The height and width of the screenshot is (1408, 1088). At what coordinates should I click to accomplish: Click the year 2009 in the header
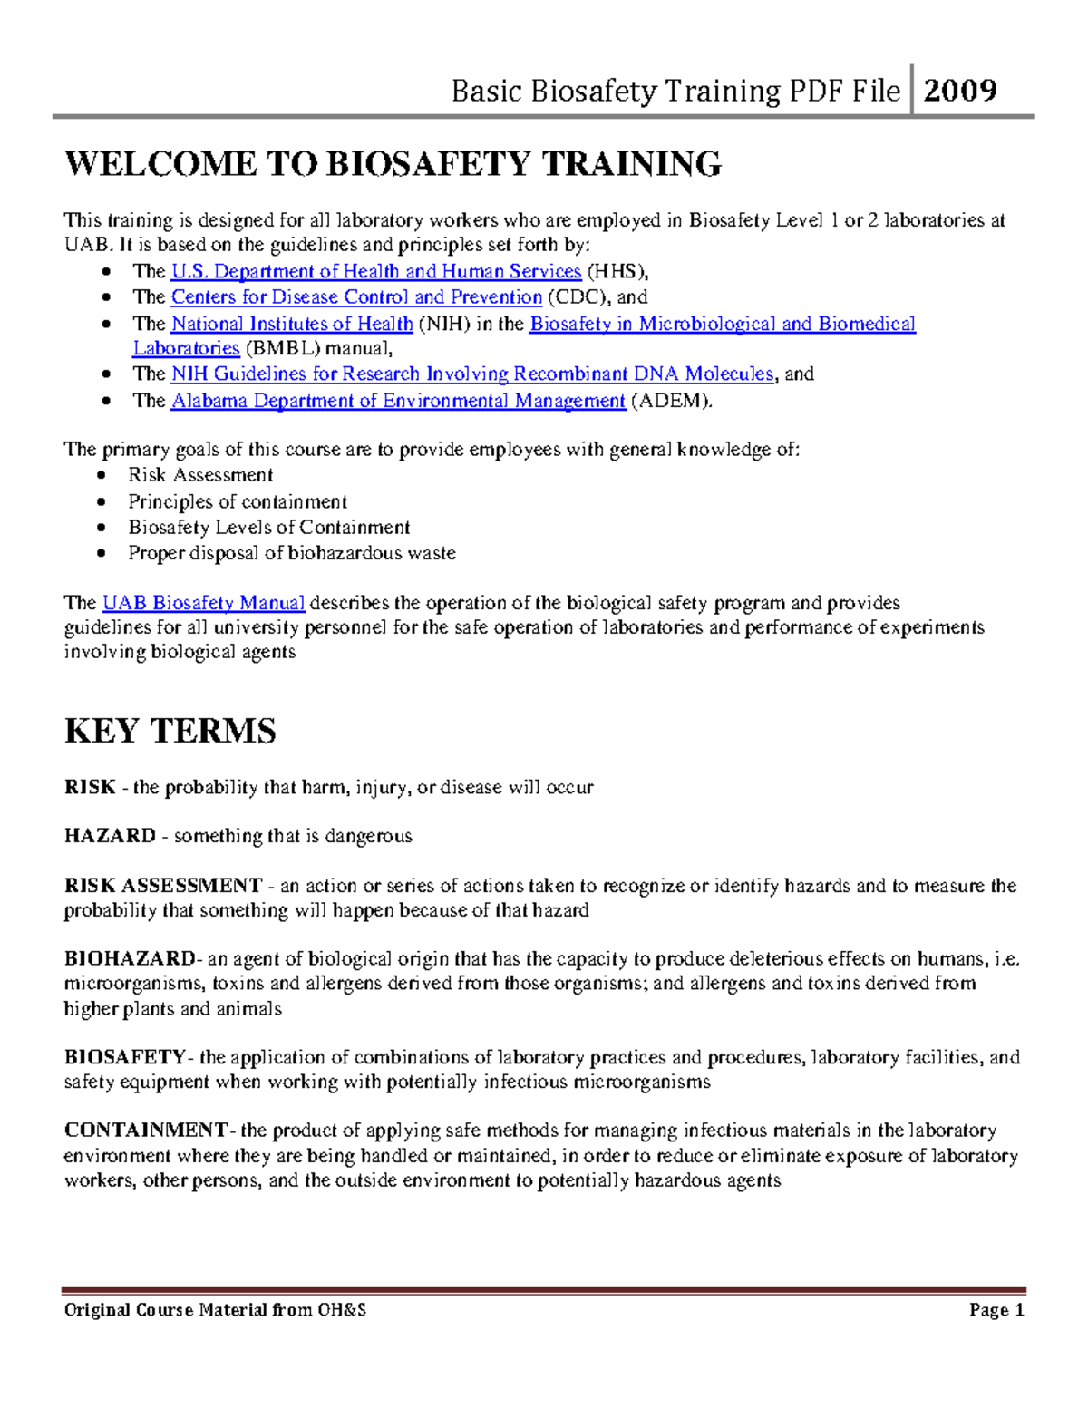click(960, 90)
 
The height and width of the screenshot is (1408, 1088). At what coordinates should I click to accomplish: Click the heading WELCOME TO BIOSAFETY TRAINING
click(393, 164)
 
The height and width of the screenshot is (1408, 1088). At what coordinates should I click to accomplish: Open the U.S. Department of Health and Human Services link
click(375, 271)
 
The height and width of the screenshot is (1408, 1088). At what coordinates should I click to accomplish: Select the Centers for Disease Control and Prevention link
click(356, 296)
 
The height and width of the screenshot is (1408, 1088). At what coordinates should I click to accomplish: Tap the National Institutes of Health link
click(291, 324)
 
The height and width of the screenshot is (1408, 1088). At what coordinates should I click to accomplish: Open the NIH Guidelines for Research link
click(471, 374)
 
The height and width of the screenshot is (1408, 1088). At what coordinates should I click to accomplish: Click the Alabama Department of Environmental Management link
click(398, 400)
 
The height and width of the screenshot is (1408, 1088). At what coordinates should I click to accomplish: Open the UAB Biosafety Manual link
click(203, 603)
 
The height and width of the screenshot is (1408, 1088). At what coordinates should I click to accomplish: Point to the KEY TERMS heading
click(170, 731)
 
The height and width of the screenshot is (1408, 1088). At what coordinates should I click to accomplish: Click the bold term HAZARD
click(110, 836)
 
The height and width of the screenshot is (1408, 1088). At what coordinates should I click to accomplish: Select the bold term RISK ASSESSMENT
click(163, 886)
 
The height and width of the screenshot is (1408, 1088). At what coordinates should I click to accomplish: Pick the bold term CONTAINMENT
click(146, 1131)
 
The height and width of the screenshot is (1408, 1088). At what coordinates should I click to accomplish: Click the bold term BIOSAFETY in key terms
click(125, 1057)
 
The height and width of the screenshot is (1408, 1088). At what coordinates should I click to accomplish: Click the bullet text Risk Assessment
click(200, 475)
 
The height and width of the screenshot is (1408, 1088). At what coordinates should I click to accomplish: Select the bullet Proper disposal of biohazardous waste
click(291, 553)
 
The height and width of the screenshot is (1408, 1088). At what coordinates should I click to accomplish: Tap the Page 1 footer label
click(996, 1310)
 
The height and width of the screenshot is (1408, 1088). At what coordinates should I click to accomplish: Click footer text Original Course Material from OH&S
click(215, 1310)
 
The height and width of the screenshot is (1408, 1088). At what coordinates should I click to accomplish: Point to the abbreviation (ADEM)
click(671, 400)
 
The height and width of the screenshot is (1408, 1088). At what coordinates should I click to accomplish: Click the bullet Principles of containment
click(238, 501)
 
